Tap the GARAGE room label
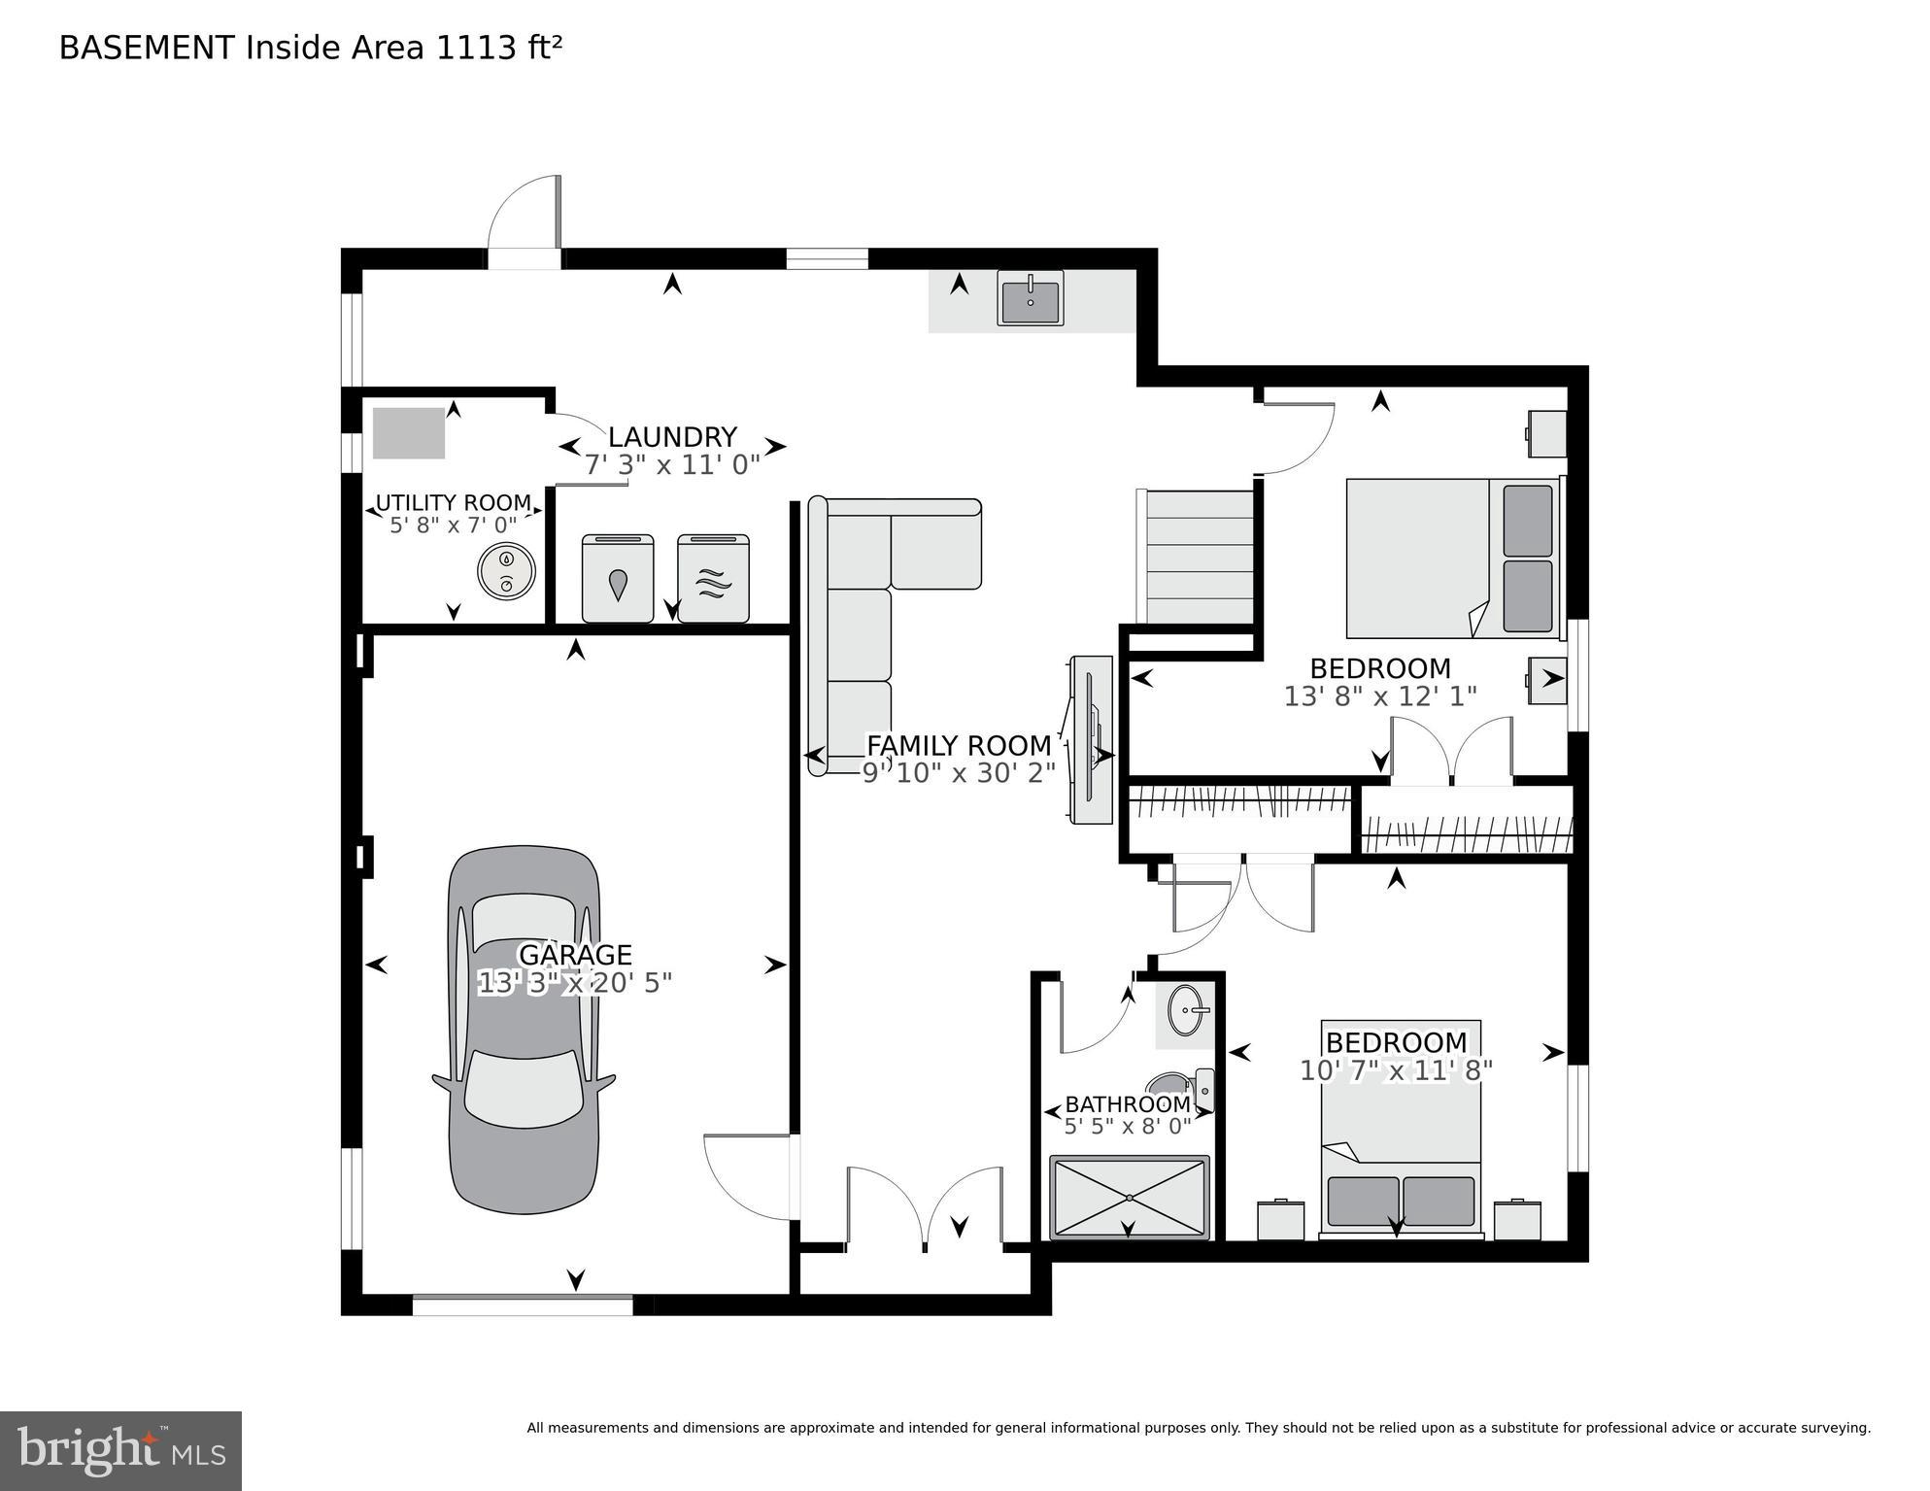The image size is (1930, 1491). [575, 955]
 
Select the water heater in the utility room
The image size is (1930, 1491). [506, 570]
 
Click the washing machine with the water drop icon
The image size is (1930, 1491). [618, 579]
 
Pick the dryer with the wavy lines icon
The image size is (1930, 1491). [713, 579]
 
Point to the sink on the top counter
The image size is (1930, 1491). [1030, 297]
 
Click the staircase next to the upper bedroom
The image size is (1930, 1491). [1200, 558]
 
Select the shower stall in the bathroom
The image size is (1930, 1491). [1129, 1198]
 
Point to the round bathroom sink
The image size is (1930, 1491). [1187, 1011]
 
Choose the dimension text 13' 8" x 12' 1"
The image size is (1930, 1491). [1379, 696]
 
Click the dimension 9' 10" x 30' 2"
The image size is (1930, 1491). [959, 773]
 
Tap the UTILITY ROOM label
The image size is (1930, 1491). [453, 503]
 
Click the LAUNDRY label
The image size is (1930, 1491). [672, 437]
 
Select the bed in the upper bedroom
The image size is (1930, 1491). [1452, 558]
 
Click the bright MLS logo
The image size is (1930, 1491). [120, 1450]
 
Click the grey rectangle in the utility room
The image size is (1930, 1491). [409, 433]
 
